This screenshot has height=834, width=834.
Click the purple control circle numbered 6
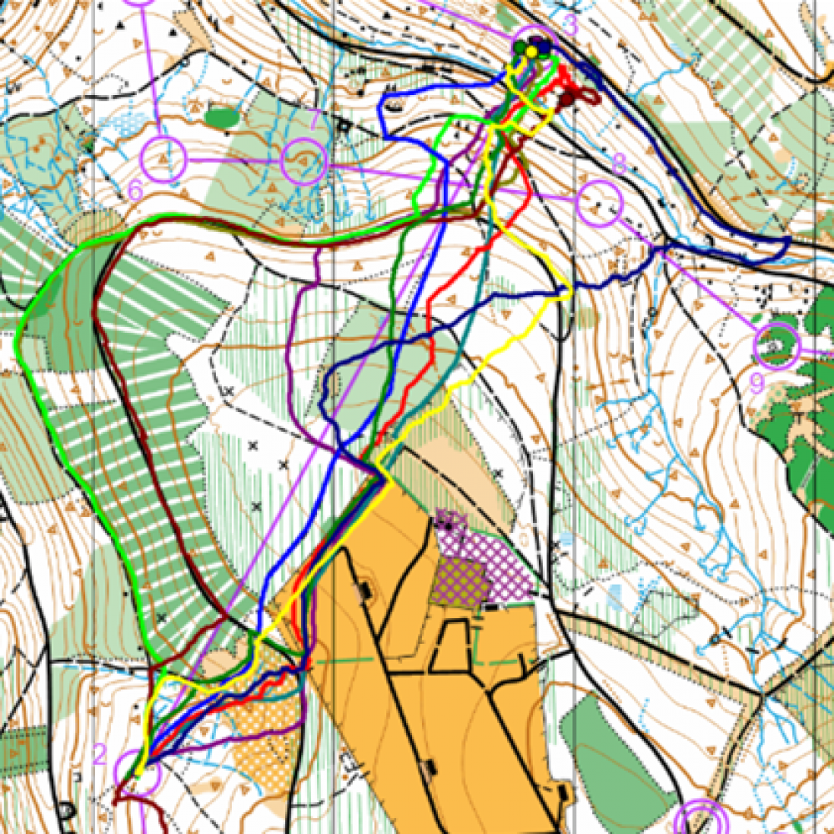163,158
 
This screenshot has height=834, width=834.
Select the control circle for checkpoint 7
304,162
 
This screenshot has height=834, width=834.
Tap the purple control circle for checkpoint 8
600,203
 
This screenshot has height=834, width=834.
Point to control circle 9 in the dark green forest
776,345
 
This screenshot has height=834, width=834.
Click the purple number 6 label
136,191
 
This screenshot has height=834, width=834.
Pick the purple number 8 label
618,164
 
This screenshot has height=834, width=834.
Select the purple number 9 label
756,383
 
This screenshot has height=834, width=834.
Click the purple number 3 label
570,26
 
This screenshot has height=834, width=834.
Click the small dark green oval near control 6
222,117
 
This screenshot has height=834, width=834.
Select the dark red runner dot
567,100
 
